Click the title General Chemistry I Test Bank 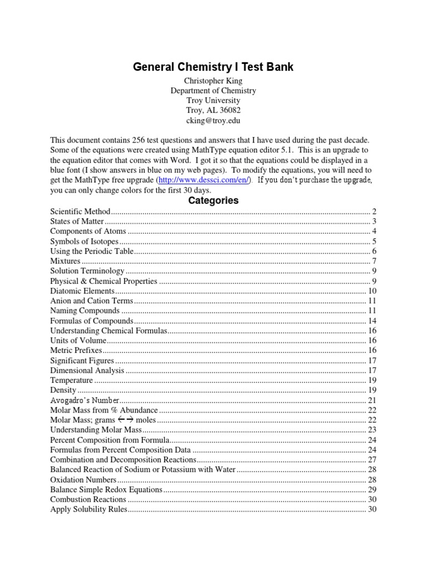click(213, 67)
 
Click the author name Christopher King click(213, 81)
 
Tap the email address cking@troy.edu click(213, 120)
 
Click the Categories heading click(213, 200)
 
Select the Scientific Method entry click(81, 212)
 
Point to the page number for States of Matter click(375, 222)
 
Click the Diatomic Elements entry click(82, 291)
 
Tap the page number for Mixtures click(375, 261)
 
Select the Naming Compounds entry click(85, 311)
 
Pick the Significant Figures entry click(82, 360)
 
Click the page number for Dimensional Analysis click(373, 370)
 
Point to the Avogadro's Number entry click(85, 400)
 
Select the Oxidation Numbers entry click(83, 480)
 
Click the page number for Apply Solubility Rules click(373, 509)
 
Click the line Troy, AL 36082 click(213, 110)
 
